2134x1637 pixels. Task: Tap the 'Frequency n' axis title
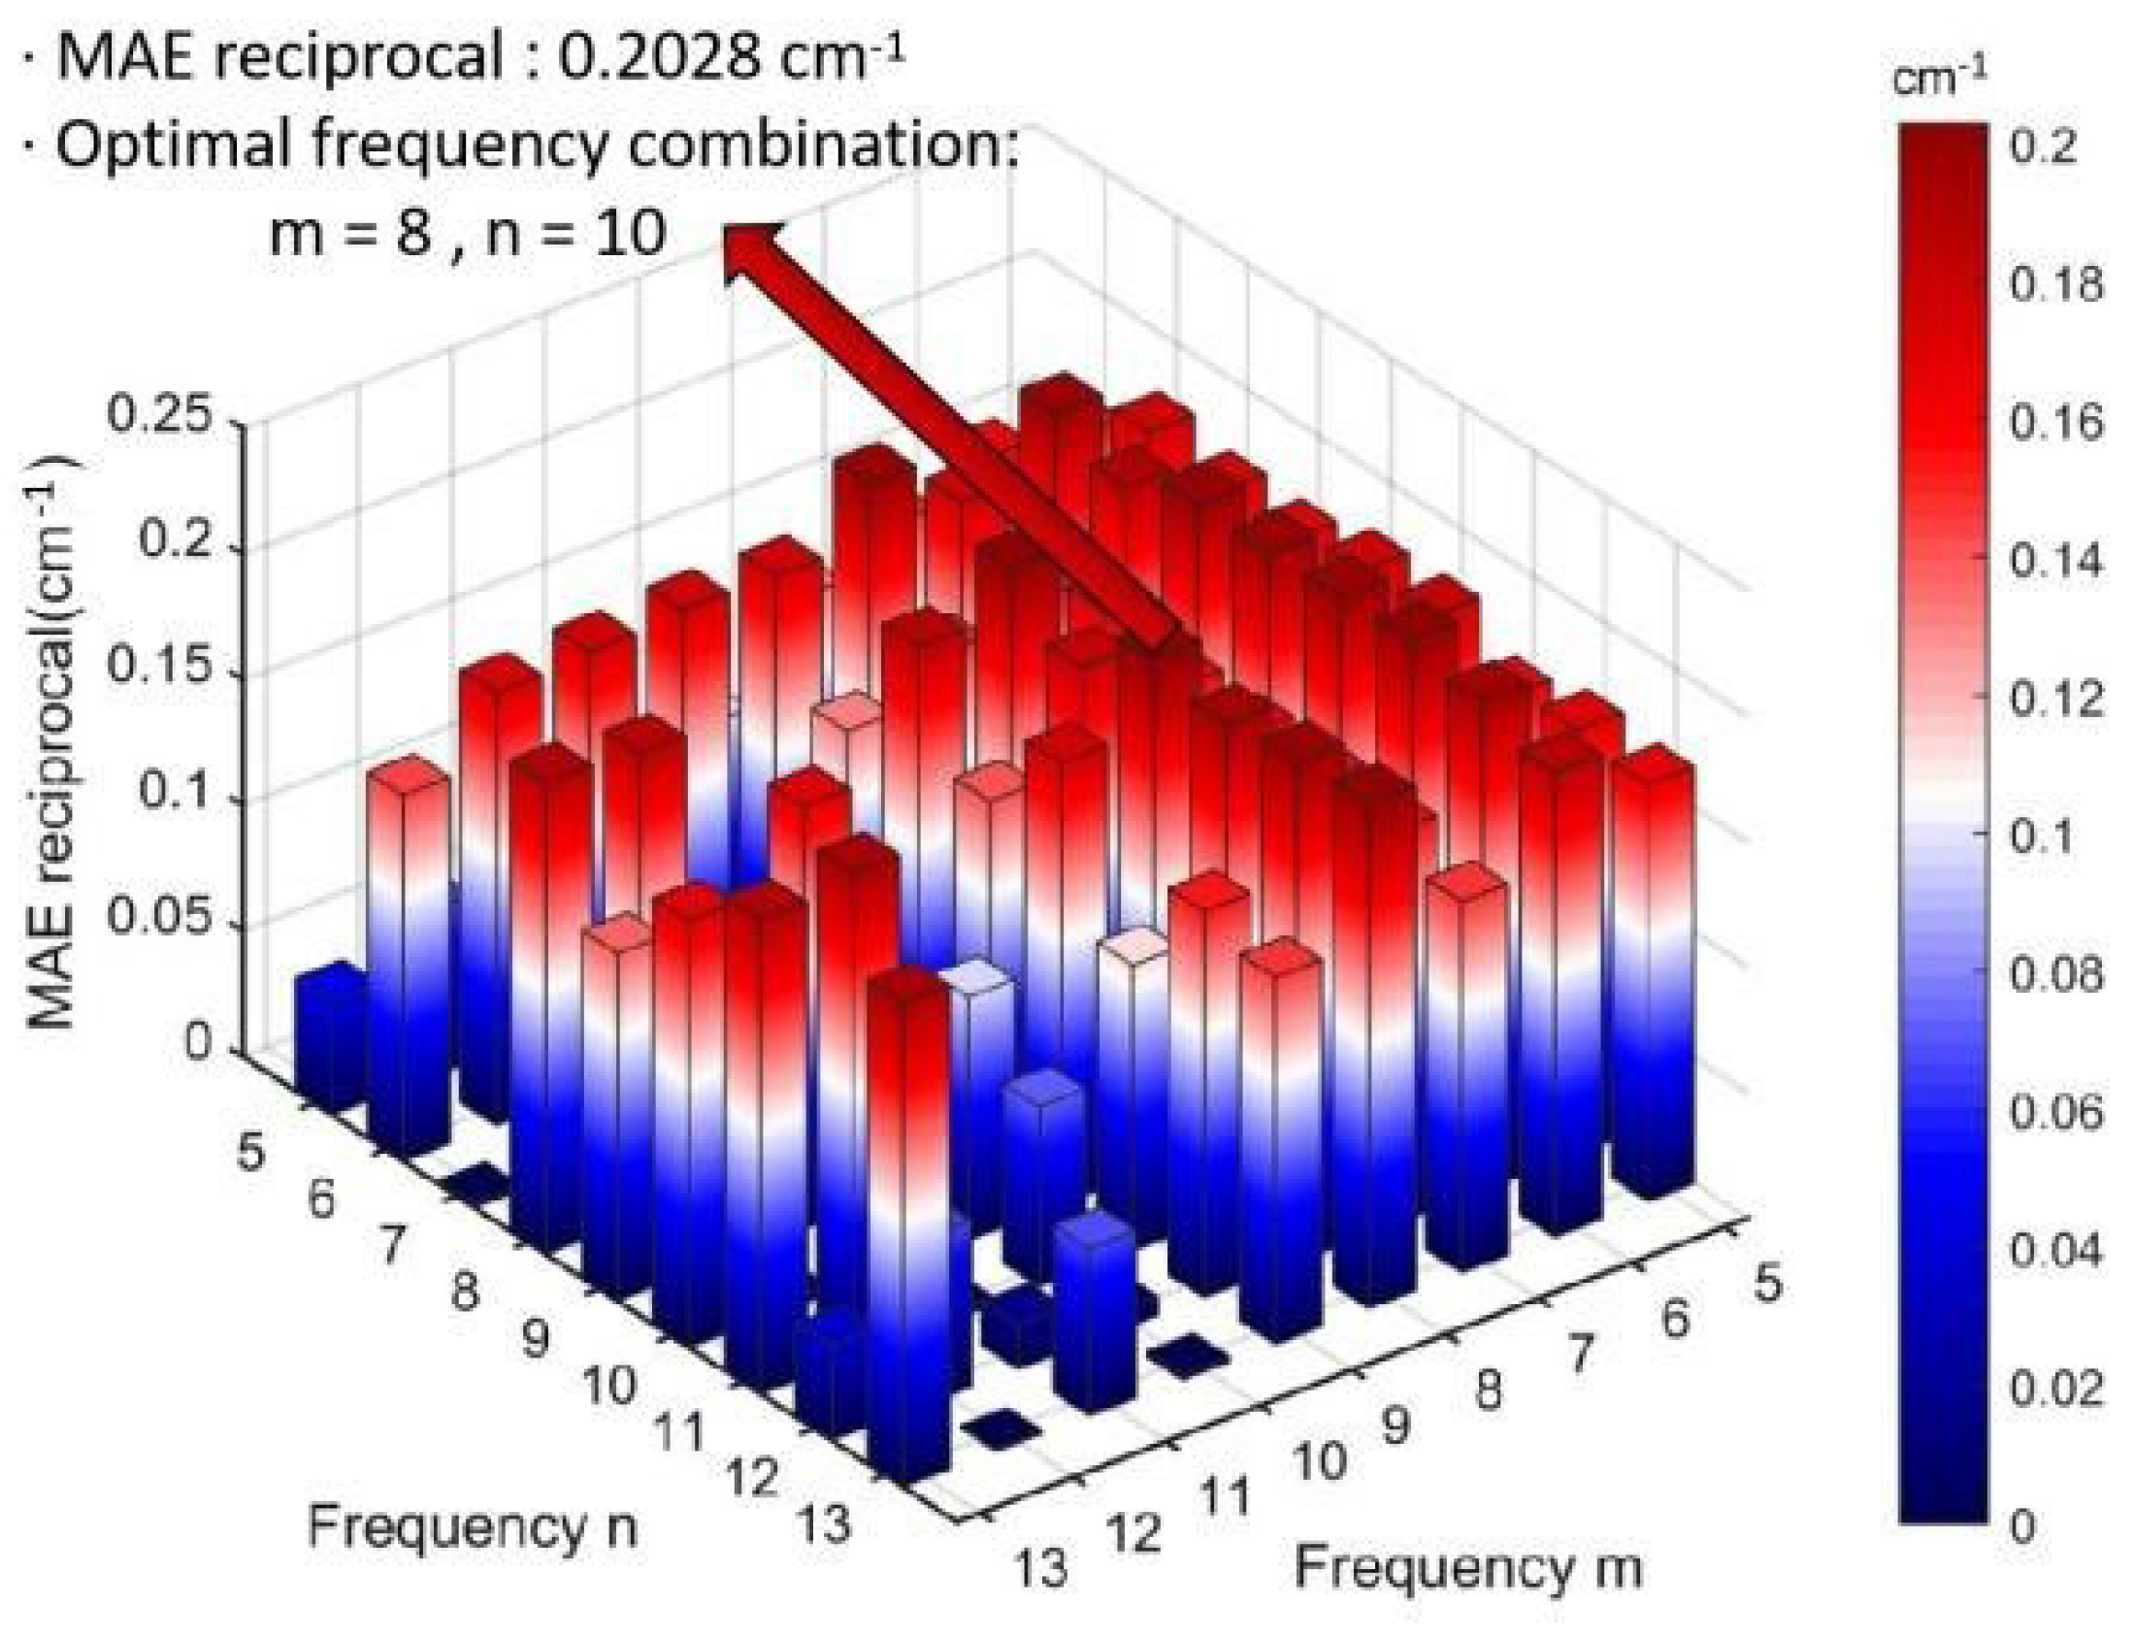click(473, 1526)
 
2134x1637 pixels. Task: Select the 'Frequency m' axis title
click(1467, 1568)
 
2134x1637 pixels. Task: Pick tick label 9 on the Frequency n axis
click(535, 1341)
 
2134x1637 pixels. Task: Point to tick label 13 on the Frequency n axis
click(824, 1526)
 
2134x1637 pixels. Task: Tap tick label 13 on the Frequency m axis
click(1041, 1569)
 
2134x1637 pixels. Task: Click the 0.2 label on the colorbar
click(2043, 147)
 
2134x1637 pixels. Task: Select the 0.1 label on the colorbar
click(2043, 838)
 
